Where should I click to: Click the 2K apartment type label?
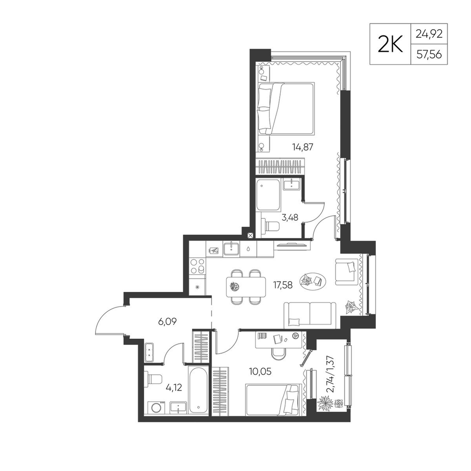[x=390, y=44]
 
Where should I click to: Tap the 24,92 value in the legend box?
[x=429, y=34]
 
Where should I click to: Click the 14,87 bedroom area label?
[x=303, y=147]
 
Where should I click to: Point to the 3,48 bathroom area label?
[x=290, y=217]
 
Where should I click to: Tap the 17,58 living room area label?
[x=283, y=284]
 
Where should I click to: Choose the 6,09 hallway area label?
[x=167, y=322]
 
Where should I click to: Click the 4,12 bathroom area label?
[x=174, y=388]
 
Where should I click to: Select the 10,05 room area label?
[x=260, y=372]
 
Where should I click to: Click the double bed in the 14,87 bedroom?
[x=286, y=108]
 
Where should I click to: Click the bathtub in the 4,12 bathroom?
[x=198, y=390]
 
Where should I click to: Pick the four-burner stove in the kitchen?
[x=197, y=266]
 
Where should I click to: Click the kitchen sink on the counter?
[x=231, y=248]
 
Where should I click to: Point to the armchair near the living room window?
[x=347, y=272]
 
